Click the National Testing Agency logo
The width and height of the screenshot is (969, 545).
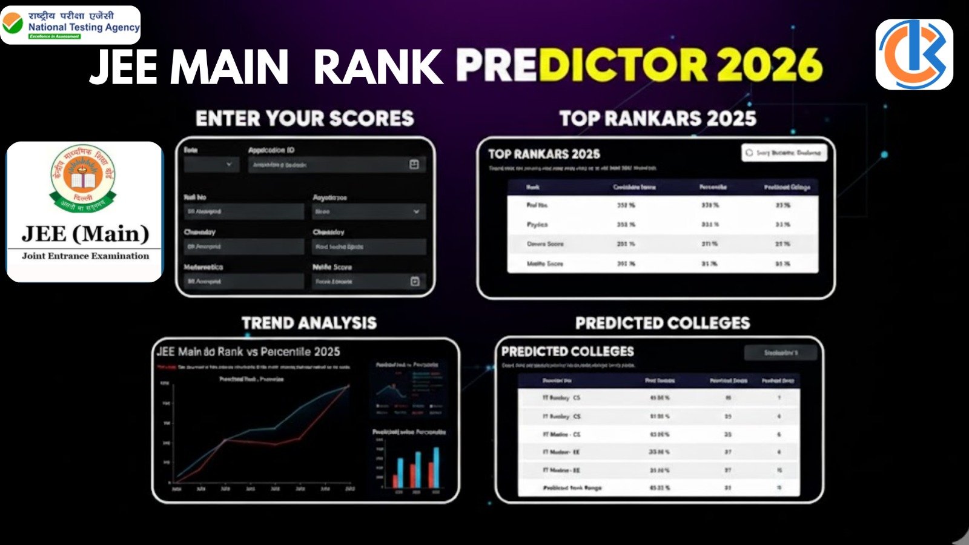point(71,25)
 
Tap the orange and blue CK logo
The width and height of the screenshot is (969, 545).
point(914,54)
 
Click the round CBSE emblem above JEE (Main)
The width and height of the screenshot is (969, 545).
point(83,178)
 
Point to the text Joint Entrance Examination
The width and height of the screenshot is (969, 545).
point(85,256)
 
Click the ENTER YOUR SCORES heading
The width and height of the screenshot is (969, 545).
point(305,118)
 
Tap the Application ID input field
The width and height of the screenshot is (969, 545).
point(336,165)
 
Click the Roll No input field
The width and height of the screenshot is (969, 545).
point(243,211)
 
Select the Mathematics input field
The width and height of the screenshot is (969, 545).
point(243,281)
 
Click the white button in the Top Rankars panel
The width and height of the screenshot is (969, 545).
point(784,153)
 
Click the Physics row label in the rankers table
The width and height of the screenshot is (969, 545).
point(537,225)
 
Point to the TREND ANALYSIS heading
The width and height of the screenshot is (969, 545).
point(309,323)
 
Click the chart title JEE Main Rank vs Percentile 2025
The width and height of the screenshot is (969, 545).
point(248,351)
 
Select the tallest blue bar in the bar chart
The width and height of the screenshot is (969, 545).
point(436,467)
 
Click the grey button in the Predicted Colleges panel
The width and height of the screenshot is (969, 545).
point(781,352)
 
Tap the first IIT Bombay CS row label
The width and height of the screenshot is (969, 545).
point(561,398)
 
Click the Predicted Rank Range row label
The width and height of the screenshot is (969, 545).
point(572,487)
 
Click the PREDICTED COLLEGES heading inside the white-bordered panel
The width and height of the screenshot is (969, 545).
point(567,351)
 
